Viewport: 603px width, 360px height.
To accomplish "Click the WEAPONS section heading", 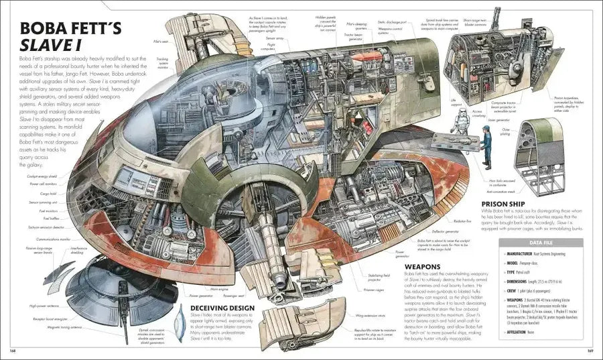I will (x=425, y=266).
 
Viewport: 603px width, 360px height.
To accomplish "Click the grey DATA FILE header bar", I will (x=540, y=243).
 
